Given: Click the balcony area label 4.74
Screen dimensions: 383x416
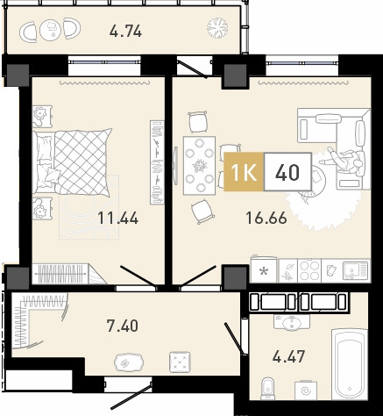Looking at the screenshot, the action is (125, 31).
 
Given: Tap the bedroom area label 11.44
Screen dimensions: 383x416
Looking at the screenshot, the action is (117, 218).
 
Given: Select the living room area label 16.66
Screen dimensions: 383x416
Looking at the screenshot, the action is (266, 218).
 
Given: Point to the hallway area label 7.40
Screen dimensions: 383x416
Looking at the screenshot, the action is (123, 326).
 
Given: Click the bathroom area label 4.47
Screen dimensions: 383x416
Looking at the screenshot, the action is (288, 356).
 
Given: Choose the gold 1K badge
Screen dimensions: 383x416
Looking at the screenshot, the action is (244, 172).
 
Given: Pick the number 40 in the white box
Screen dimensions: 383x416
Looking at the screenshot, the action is (287, 172).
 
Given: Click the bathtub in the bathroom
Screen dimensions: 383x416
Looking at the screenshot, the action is (350, 363).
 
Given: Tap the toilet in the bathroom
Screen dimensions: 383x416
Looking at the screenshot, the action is (267, 388).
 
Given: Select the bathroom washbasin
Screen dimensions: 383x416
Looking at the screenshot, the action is (291, 322).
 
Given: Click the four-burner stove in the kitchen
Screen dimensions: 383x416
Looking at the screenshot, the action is (309, 270).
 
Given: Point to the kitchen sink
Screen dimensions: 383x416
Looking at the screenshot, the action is (354, 269).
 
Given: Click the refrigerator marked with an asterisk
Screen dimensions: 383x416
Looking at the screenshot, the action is (264, 270).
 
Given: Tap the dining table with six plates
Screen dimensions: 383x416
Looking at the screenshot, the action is (199, 165).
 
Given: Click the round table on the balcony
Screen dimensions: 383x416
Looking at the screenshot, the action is (51, 30).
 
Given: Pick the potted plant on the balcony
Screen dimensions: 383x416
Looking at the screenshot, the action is (217, 28).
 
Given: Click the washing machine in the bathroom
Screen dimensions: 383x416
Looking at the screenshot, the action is (306, 390).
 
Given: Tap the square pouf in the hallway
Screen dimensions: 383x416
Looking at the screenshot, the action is (181, 362).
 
